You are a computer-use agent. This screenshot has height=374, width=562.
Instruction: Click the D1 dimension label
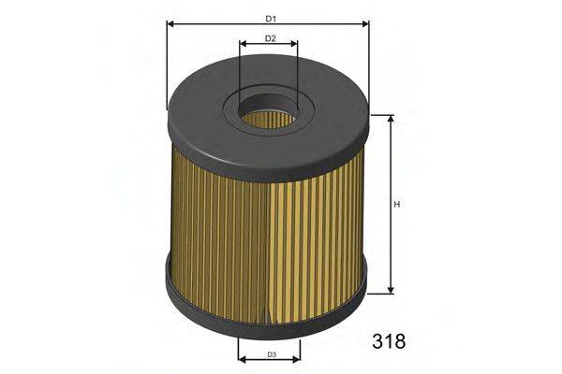pyautogui.click(x=270, y=19)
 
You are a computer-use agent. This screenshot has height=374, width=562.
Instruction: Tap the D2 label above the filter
pyautogui.click(x=270, y=38)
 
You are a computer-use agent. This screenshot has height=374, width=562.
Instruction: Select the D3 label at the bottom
pyautogui.click(x=270, y=353)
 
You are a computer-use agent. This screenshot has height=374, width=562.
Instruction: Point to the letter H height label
pyautogui.click(x=397, y=205)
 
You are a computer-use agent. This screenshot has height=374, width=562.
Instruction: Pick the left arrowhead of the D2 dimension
pyautogui.click(x=243, y=45)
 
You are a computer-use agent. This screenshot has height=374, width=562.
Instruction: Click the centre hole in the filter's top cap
pyautogui.click(x=268, y=118)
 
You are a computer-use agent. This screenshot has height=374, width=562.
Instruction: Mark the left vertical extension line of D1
pyautogui.click(x=167, y=65)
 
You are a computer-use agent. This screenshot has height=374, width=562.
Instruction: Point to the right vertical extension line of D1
pyautogui.click(x=369, y=65)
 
